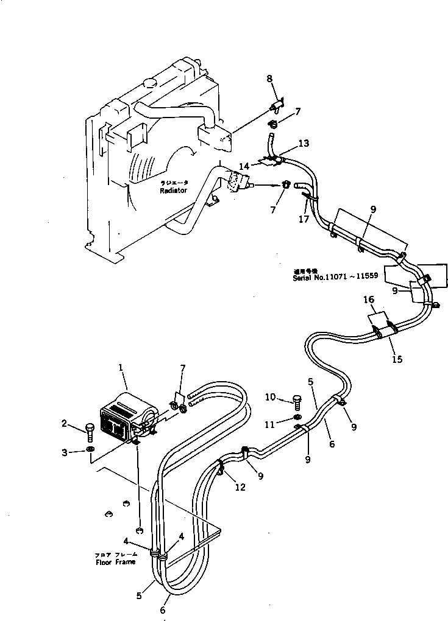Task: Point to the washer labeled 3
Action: click(90, 449)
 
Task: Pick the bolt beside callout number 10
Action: click(297, 401)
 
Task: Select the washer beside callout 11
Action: click(296, 417)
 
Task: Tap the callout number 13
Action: click(304, 143)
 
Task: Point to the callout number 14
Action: click(244, 165)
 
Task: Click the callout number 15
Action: click(397, 359)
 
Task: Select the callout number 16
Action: click(369, 300)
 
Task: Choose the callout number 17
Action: click(304, 220)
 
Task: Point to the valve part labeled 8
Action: click(277, 108)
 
